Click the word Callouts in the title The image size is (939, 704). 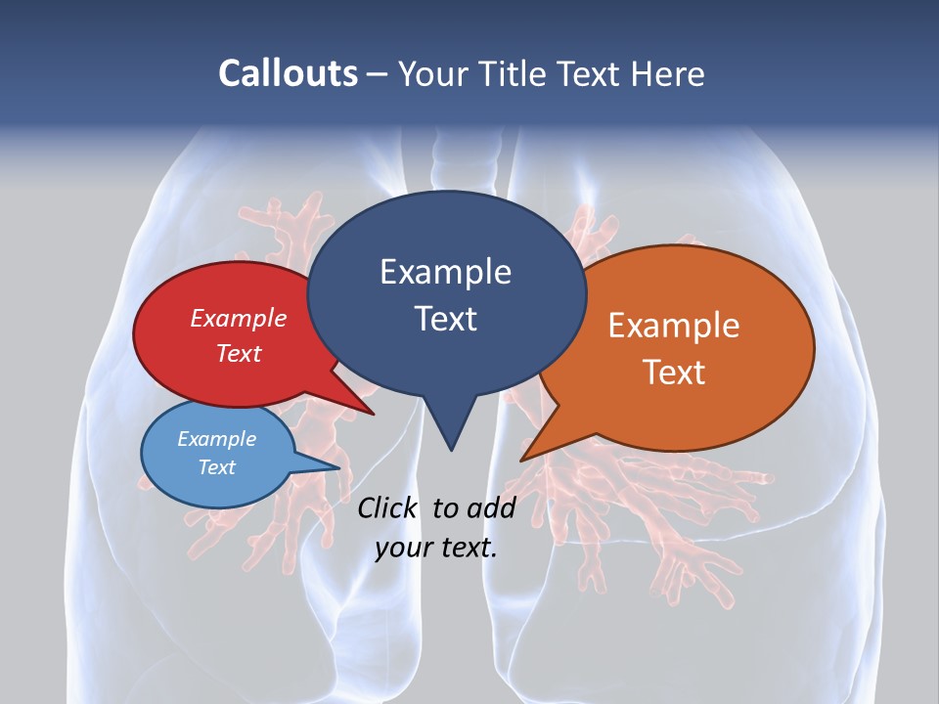(x=288, y=73)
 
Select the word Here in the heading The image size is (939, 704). (x=667, y=73)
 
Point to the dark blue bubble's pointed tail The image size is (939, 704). (x=450, y=430)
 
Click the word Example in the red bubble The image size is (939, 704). (x=239, y=318)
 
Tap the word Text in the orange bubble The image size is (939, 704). (x=674, y=372)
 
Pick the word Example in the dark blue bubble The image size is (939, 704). (x=445, y=272)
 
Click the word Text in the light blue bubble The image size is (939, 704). (x=217, y=467)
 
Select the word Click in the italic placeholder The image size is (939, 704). (x=388, y=507)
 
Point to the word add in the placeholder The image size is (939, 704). (x=491, y=507)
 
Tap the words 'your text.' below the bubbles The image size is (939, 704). (x=436, y=548)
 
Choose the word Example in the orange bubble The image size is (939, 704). (x=674, y=326)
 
